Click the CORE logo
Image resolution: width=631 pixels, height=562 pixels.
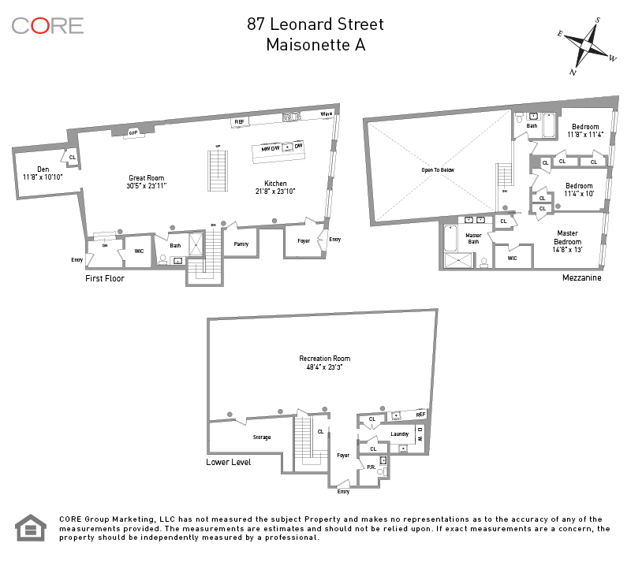coord(47,25)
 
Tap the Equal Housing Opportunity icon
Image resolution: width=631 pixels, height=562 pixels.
coord(32,528)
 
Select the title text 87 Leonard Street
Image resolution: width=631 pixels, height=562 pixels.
coord(315,24)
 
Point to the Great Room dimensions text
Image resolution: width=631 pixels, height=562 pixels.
coord(147,186)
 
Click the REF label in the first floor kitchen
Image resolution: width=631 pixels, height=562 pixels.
coord(238,122)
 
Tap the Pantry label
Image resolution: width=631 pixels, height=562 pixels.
coord(241,244)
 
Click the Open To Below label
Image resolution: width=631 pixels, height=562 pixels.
coord(439,170)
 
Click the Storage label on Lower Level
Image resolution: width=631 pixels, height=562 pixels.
coord(262,437)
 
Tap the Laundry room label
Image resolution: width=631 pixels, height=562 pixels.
coord(399,434)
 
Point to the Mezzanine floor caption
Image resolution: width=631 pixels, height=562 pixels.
coord(582,277)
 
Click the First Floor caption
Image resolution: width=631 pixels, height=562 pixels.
coord(105,278)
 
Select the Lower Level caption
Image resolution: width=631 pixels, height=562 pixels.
coord(229,463)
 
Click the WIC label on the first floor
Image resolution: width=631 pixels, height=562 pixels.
coord(139,251)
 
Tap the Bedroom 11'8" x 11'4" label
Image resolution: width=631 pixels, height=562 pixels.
coord(584,131)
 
